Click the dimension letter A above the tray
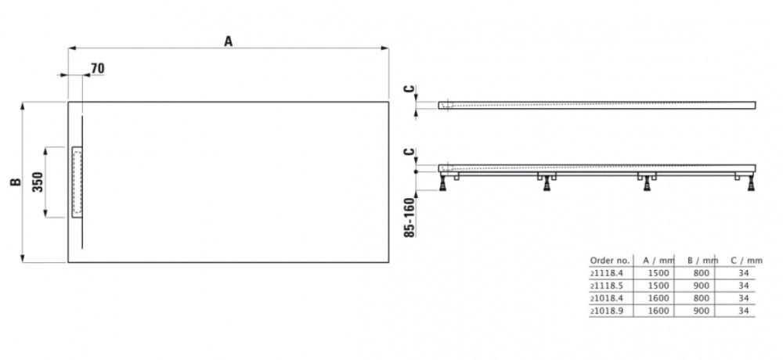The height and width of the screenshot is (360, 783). tap(229, 42)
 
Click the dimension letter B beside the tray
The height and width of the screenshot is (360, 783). tap(14, 182)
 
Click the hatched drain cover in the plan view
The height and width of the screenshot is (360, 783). tap(77, 181)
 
